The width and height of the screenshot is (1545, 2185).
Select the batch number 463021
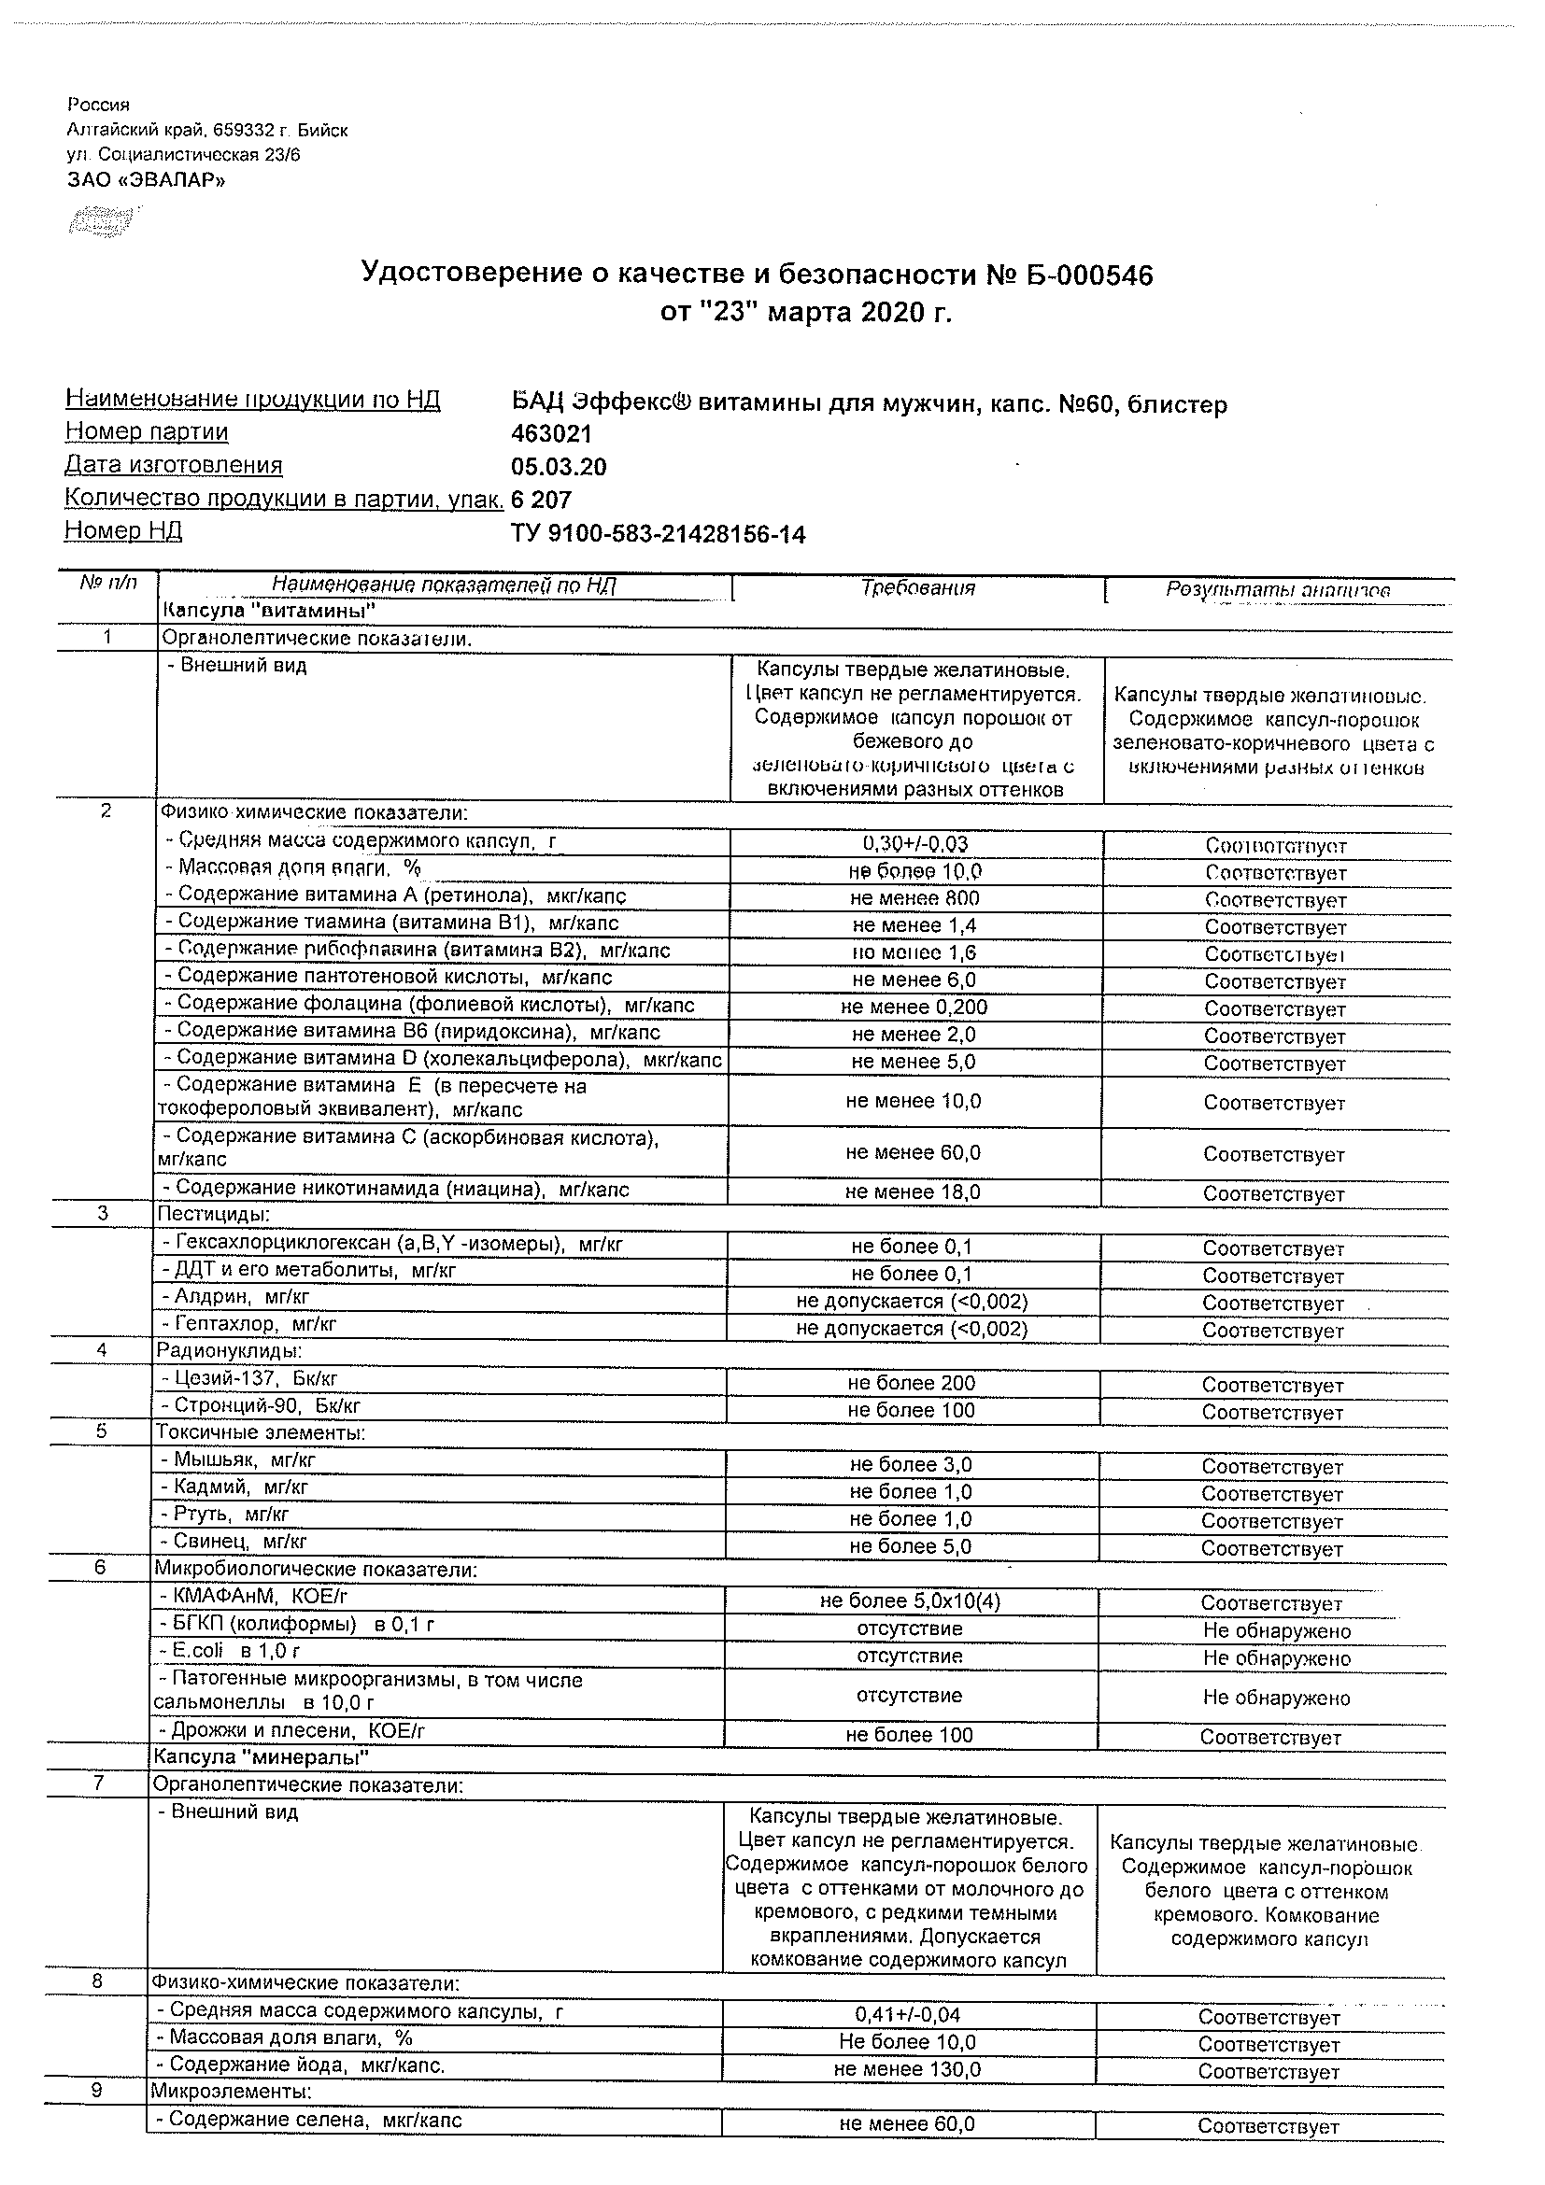[x=551, y=434]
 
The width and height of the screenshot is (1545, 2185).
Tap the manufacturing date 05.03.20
[x=559, y=467]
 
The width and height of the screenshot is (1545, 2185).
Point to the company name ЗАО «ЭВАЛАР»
[x=147, y=178]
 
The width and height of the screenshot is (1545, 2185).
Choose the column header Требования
[x=917, y=588]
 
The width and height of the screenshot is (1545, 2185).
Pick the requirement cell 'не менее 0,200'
[x=914, y=1007]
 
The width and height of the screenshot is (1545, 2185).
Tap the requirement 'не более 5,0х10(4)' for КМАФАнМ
[x=909, y=1600]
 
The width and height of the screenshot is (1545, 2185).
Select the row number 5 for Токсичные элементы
[x=101, y=1431]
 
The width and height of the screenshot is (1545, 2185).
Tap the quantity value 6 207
[x=541, y=500]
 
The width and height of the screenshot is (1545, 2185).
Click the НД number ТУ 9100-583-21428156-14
[x=658, y=535]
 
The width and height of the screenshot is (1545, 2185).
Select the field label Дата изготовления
[x=173, y=465]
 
